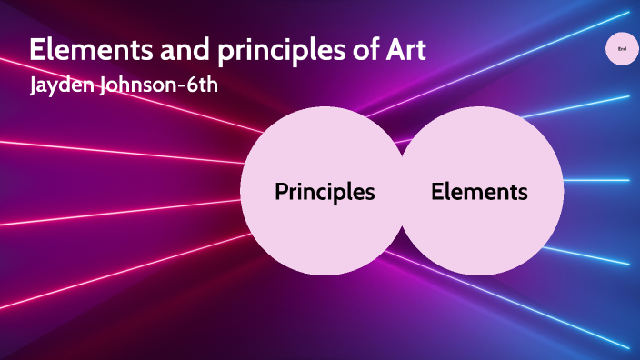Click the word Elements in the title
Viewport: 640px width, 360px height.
[78, 51]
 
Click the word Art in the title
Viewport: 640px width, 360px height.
[402, 51]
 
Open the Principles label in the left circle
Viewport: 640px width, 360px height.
[325, 192]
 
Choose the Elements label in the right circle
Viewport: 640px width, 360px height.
[479, 192]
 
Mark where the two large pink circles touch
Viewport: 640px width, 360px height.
[401, 192]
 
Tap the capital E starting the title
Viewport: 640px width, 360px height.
[37, 51]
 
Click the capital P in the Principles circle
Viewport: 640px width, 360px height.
[281, 192]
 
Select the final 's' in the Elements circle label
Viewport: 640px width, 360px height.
[523, 193]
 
